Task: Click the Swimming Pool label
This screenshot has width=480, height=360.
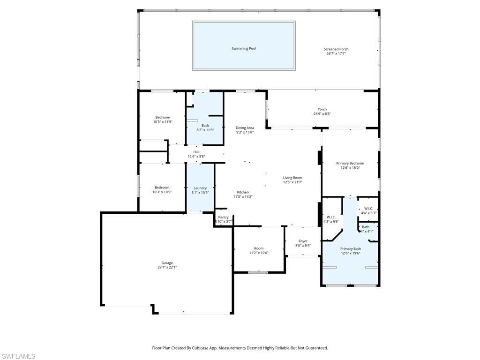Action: [244, 48]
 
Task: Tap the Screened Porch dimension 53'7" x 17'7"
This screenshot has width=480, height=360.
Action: [336, 53]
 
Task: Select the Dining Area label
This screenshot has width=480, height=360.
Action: [245, 127]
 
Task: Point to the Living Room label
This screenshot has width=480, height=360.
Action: [292, 178]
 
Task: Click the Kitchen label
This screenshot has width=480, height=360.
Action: [243, 192]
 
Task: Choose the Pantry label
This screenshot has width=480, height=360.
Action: [223, 217]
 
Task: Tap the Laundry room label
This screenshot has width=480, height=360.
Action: [200, 188]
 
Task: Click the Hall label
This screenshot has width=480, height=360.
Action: [196, 152]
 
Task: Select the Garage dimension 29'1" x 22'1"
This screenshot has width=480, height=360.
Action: [167, 267]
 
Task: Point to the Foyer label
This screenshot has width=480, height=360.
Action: [303, 241]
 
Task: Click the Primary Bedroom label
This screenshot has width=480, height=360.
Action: [350, 163]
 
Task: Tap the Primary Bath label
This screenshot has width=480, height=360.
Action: [350, 248]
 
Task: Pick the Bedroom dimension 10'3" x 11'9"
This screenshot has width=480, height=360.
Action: [163, 122]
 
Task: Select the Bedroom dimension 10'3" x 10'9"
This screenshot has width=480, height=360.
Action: [163, 192]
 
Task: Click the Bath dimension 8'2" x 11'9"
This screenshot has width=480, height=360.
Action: [205, 130]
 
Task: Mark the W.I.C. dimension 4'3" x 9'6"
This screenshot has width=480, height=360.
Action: [331, 222]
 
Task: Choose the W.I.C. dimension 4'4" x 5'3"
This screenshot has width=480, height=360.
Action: [368, 213]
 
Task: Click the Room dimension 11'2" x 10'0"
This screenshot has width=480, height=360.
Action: [259, 253]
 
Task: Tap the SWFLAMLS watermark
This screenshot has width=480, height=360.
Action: [18, 356]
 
